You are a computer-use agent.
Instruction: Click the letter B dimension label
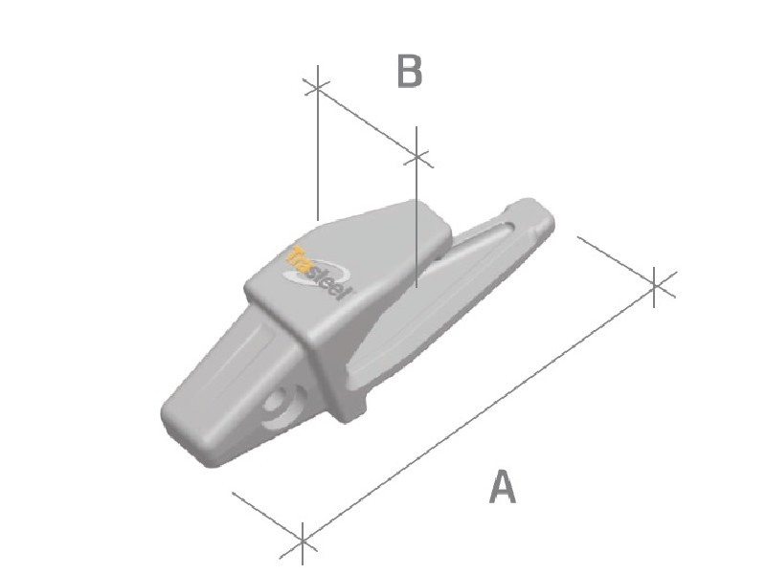point(410,72)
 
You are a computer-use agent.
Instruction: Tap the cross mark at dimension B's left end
point(317,88)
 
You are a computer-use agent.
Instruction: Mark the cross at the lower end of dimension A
point(303,541)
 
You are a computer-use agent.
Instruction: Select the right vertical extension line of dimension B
point(417,220)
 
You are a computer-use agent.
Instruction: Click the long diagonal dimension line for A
point(479,412)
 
